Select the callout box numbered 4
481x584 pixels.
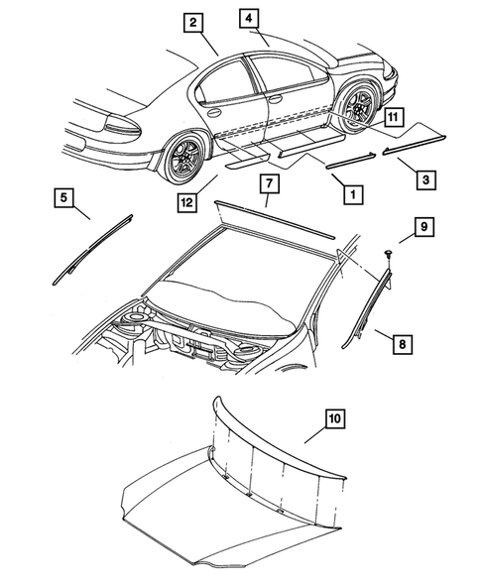[248, 18]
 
